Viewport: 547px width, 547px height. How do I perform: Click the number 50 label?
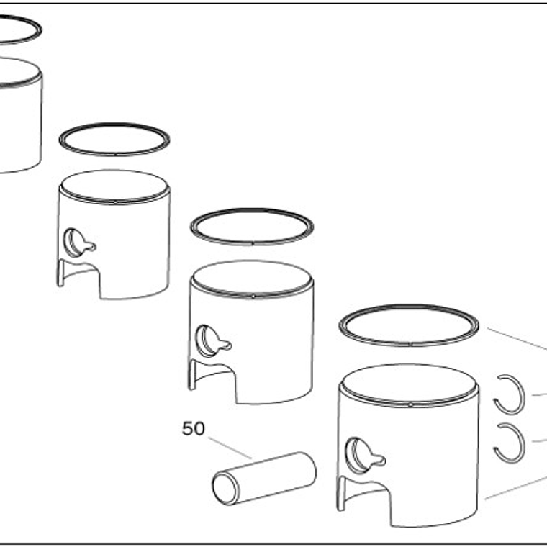pyautogui.click(x=194, y=428)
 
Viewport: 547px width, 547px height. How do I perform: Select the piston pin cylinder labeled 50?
pyautogui.click(x=264, y=479)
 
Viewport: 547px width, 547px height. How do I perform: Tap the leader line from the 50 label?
pyautogui.click(x=230, y=448)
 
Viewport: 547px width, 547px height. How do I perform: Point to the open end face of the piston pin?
pyautogui.click(x=226, y=488)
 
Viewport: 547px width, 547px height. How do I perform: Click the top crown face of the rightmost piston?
pyautogui.click(x=409, y=383)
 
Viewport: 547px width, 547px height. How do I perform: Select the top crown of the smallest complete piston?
pyautogui.click(x=114, y=185)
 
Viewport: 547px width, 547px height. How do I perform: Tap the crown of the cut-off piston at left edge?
pyautogui.click(x=17, y=71)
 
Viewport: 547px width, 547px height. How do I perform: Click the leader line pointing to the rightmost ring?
pyautogui.click(x=517, y=339)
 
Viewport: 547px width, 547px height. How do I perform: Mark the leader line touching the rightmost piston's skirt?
pyautogui.click(x=515, y=487)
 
